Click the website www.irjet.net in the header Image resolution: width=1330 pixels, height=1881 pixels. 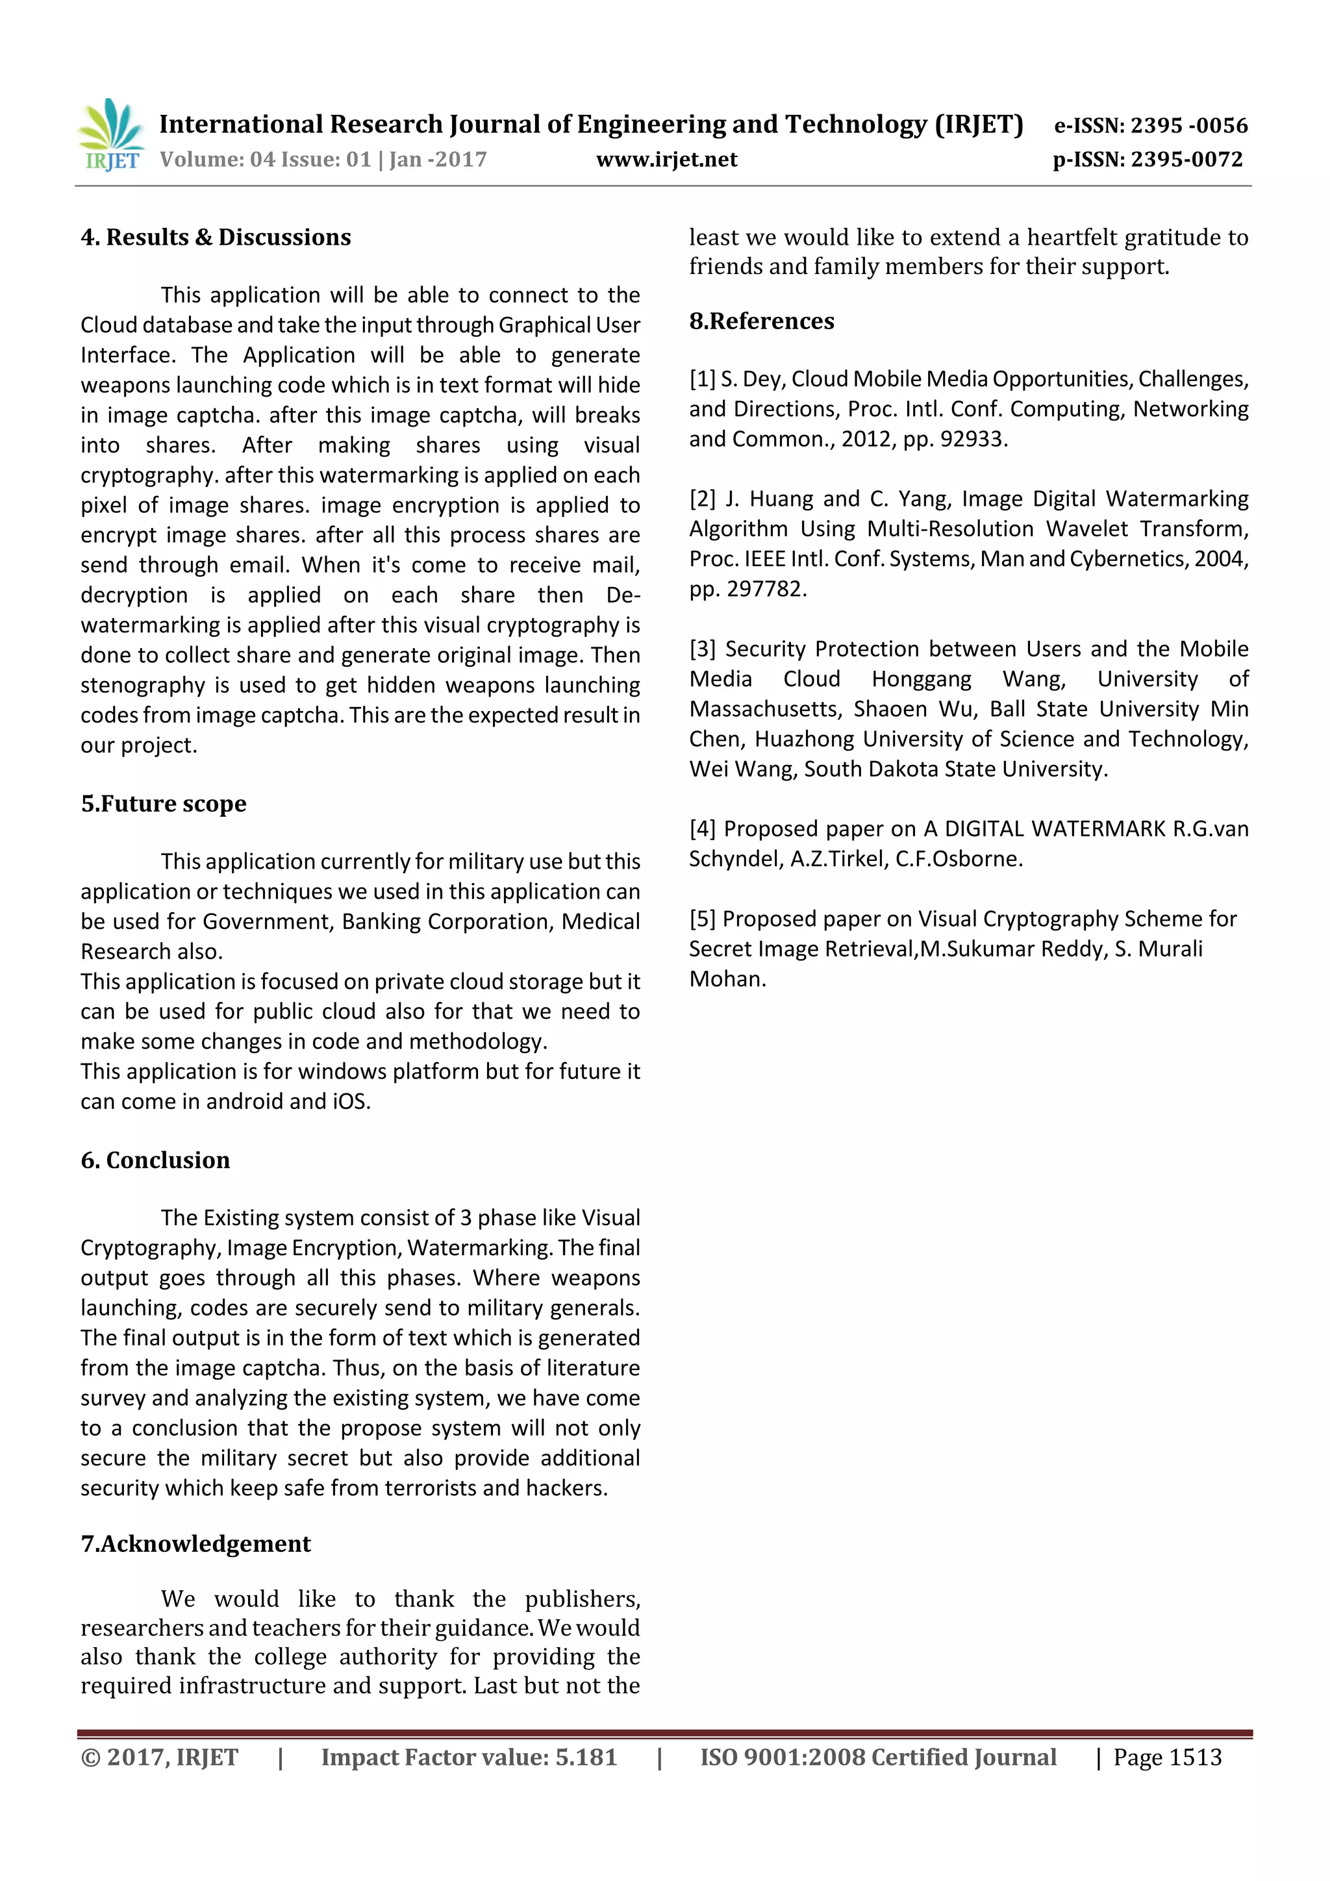(666, 160)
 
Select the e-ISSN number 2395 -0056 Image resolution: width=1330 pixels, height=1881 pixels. (1188, 125)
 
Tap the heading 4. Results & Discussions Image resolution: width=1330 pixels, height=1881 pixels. (216, 238)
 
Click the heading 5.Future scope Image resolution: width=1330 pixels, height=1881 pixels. (163, 804)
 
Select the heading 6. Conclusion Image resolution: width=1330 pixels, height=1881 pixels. (155, 1160)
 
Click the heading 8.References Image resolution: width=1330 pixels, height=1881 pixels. (761, 321)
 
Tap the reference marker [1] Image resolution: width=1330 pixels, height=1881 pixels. (702, 379)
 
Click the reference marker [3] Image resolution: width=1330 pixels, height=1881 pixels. (702, 649)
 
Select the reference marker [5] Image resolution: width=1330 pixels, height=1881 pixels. (702, 919)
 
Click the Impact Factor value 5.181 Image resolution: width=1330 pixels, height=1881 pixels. (586, 1757)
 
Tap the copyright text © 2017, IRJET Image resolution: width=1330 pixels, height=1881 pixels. (159, 1757)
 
